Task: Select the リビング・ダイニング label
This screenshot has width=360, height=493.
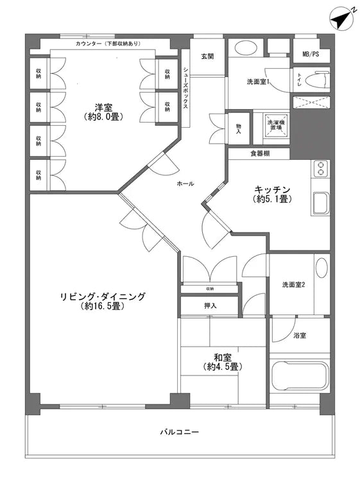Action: (103, 301)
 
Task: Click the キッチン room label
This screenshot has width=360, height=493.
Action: (273, 193)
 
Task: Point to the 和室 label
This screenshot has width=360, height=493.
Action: (223, 362)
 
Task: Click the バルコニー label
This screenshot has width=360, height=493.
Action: (179, 432)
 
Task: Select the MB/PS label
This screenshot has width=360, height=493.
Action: (311, 54)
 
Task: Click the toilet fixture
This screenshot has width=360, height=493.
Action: (315, 80)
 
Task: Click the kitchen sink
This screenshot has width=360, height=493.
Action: (320, 204)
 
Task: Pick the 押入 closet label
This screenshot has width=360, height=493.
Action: (210, 306)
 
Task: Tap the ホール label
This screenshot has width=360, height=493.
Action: (185, 184)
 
